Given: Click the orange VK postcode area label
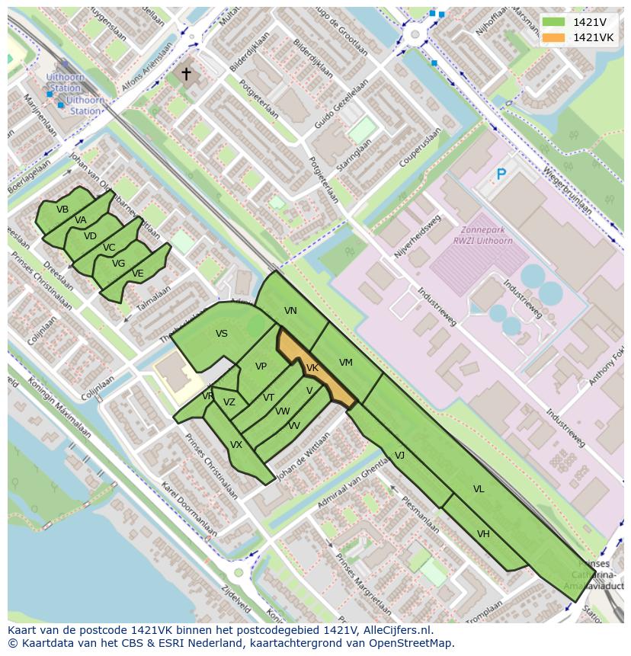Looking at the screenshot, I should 312,368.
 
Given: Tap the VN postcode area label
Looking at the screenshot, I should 290,311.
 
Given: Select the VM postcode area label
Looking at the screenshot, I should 346,363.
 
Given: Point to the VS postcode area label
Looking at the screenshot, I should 222,334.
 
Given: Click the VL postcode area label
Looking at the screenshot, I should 479,489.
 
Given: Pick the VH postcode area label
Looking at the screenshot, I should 483,534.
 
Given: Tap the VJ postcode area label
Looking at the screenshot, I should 399,456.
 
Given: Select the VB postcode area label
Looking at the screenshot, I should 62,210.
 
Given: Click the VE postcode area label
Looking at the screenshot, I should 137,274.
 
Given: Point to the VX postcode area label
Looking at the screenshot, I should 236,445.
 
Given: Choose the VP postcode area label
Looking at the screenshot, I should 261,366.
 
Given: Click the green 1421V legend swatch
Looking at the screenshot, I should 554,22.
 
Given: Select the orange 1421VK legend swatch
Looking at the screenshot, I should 554,37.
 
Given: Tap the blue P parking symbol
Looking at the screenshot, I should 501,174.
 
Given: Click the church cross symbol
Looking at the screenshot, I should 186,74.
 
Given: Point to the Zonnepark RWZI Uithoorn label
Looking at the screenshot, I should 482,235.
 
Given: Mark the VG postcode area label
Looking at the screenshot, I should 118,264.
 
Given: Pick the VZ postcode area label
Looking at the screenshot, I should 229,402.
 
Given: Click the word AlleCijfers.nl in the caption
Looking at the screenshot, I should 396,630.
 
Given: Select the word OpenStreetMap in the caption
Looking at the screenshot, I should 415,643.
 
